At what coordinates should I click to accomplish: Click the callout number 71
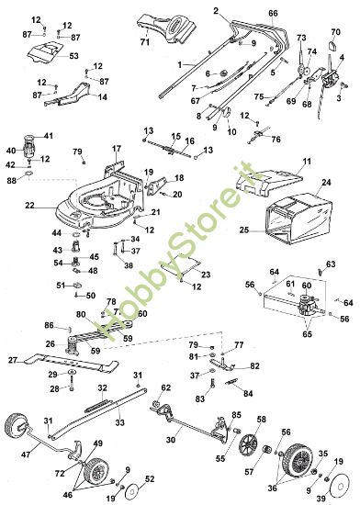(144, 43)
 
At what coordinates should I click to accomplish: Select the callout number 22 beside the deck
(30, 205)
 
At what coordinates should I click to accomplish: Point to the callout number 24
(326, 183)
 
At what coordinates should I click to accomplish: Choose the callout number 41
(48, 136)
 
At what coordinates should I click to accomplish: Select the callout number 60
(307, 286)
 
